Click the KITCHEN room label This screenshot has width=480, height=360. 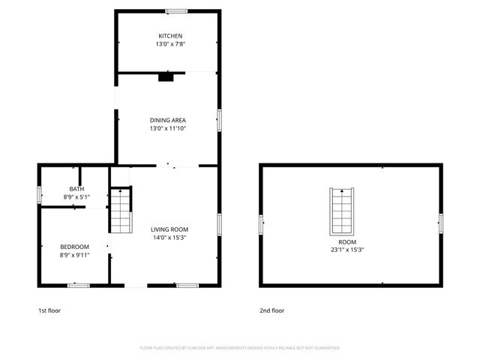(x=169, y=36)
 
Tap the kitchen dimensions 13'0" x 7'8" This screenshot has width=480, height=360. (x=169, y=45)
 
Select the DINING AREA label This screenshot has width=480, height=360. (x=168, y=120)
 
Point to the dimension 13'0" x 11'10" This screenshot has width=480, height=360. (x=168, y=128)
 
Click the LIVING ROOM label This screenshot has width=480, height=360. (x=169, y=229)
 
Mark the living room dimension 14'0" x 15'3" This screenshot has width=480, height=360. (x=169, y=238)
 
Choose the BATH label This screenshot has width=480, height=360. (x=76, y=189)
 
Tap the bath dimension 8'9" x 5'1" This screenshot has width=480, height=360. (x=76, y=197)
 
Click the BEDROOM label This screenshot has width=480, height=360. (x=75, y=247)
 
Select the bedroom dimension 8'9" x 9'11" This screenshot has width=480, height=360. (x=75, y=255)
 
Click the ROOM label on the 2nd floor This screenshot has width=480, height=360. (x=346, y=242)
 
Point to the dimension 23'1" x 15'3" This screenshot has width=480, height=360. (x=346, y=250)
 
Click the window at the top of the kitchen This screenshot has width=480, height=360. (x=176, y=10)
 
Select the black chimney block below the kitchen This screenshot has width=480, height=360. (x=166, y=76)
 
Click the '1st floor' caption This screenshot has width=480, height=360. (x=50, y=310)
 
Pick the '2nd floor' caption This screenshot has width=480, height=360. (x=272, y=310)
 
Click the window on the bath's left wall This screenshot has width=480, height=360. (x=39, y=193)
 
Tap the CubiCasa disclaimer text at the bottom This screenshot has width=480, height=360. (x=240, y=348)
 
